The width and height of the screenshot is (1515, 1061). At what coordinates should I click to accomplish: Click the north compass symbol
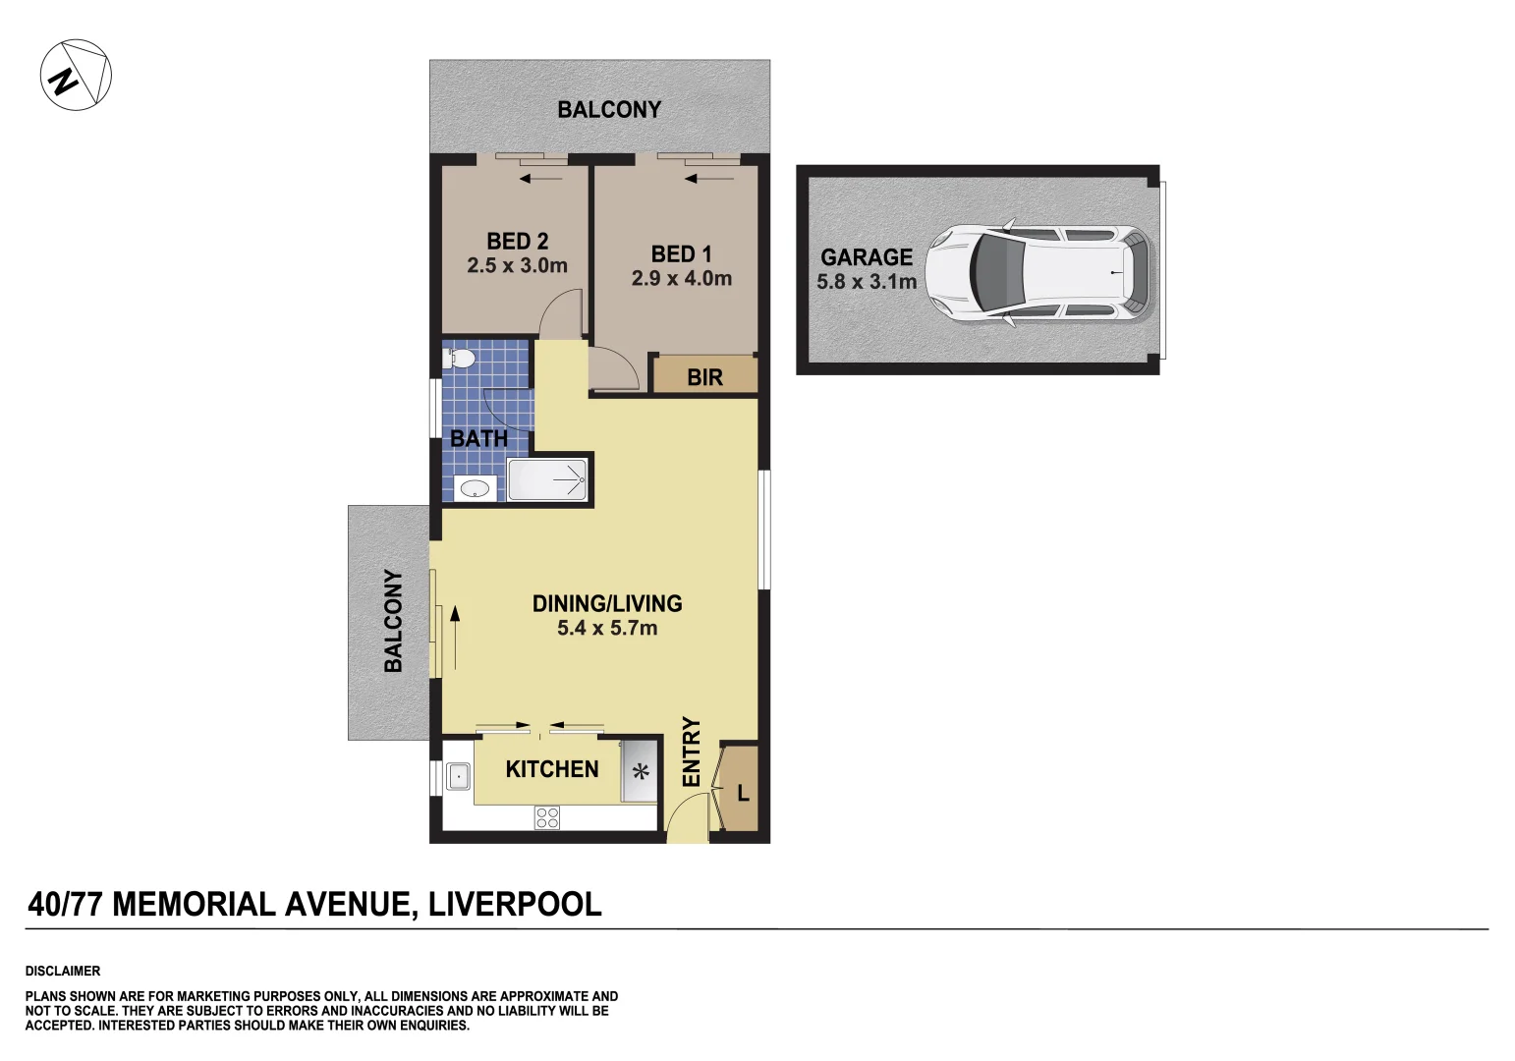[76, 75]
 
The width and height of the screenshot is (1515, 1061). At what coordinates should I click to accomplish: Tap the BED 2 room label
[517, 242]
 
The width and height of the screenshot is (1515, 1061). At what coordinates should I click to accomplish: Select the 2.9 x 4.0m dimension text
[681, 279]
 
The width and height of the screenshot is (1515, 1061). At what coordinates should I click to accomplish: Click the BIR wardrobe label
[704, 377]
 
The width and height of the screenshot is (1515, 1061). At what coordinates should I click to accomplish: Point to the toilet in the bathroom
[459, 359]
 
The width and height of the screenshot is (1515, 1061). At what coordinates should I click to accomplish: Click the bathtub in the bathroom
[547, 480]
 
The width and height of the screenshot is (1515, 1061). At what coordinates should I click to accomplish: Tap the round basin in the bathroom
[475, 487]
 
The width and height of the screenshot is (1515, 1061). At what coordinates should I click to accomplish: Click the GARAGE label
[867, 257]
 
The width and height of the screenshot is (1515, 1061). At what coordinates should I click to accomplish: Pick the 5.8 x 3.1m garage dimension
[867, 283]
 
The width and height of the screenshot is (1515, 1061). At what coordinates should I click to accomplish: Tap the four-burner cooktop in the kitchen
[547, 817]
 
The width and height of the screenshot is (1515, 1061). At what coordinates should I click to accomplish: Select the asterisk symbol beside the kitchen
[641, 772]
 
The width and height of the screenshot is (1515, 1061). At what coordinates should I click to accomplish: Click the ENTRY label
[692, 752]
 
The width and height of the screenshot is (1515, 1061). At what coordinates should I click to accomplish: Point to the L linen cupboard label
[743, 793]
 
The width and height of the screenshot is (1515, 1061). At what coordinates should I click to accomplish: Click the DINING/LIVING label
[607, 604]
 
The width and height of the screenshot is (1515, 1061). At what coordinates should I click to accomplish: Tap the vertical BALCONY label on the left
[393, 621]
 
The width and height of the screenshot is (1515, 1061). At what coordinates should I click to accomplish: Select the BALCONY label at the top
[609, 110]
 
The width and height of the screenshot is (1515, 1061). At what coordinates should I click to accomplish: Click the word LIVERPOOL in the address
[514, 904]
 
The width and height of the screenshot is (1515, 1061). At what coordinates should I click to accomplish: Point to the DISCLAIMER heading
[63, 971]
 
